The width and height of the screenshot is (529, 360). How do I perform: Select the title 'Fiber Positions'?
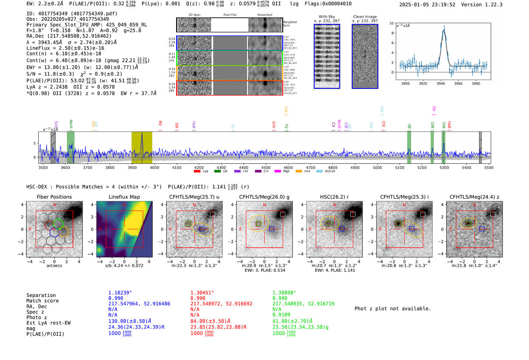(54, 197)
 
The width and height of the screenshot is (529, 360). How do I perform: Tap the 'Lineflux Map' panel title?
(124, 197)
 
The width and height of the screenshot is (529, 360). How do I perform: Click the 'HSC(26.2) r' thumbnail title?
(334, 197)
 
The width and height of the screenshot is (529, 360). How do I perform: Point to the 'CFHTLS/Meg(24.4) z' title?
(474, 197)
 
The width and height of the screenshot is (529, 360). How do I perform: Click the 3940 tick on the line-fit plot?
(441, 83)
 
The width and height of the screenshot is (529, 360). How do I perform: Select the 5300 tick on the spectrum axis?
(444, 167)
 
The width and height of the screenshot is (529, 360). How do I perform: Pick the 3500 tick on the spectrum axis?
(43, 167)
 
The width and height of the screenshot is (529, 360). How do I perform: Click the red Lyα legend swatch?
(197, 172)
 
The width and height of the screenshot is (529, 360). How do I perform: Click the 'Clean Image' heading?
(365, 17)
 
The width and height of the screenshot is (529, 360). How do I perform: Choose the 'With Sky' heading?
(327, 17)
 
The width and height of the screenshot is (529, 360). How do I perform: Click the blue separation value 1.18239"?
(120, 293)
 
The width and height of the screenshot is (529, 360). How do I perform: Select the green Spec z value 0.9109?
(281, 315)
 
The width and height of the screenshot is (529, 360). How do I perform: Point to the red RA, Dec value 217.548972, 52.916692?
(221, 304)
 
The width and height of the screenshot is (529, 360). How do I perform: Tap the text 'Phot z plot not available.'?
(393, 309)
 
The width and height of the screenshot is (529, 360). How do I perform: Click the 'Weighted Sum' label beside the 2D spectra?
(289, 24)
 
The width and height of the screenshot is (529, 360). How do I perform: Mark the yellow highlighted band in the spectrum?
(142, 147)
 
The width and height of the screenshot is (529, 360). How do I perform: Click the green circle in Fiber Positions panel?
(58, 223)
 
